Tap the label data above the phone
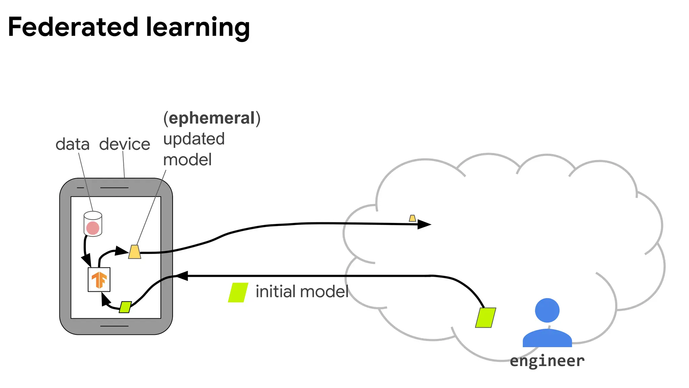[x=72, y=144]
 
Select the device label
[x=124, y=144]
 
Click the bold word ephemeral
[x=212, y=118]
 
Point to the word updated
[x=194, y=139]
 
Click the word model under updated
[x=187, y=160]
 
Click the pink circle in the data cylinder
[x=93, y=228]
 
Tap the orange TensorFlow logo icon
[x=99, y=280]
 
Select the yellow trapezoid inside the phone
[x=135, y=252]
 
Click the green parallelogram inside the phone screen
[x=125, y=307]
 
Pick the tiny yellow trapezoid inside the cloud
[x=412, y=218]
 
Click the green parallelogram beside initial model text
[x=238, y=292]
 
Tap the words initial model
[x=302, y=292]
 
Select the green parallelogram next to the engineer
[x=485, y=318]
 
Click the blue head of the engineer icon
[x=547, y=310]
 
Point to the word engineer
[x=547, y=361]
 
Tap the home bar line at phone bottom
[x=114, y=326]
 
